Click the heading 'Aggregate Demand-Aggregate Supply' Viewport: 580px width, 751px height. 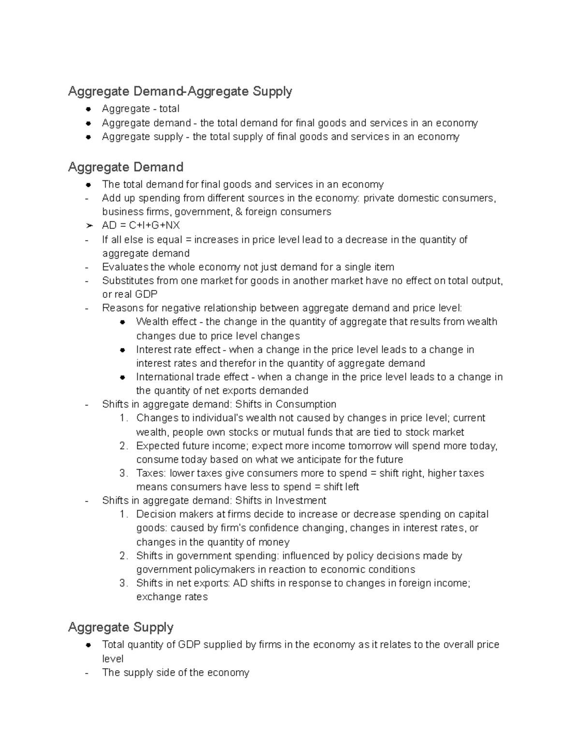(x=180, y=91)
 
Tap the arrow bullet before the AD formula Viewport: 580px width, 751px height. (x=88, y=226)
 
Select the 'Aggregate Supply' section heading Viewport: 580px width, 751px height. (x=120, y=627)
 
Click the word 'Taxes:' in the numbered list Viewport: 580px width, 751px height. (x=151, y=473)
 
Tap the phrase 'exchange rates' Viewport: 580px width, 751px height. (x=172, y=597)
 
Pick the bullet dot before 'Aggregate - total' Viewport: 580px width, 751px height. (x=88, y=109)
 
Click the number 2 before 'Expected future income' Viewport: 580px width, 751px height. (x=123, y=446)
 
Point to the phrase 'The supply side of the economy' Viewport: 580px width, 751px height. (x=175, y=673)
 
